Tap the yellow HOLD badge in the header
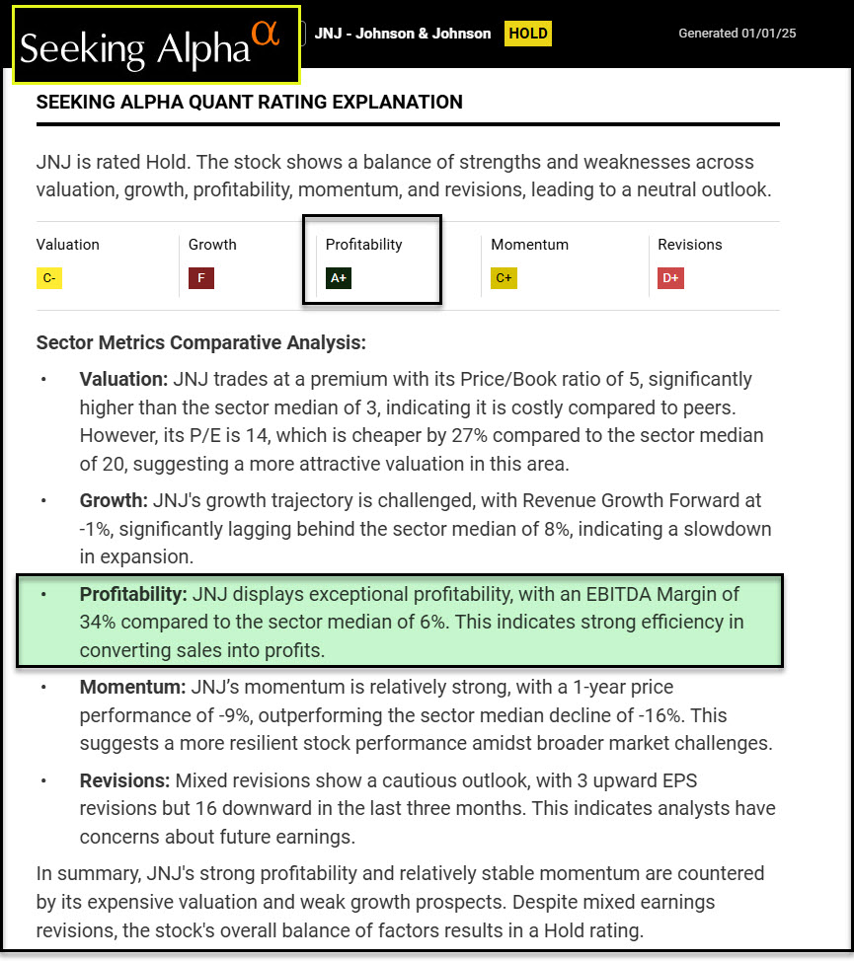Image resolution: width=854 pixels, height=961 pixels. click(x=527, y=34)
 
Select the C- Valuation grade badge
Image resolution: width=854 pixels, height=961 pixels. click(x=48, y=278)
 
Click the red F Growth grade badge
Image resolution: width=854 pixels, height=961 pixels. click(x=201, y=278)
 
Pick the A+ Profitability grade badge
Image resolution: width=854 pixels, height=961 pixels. click(x=339, y=278)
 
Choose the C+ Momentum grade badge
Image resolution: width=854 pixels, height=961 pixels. click(x=504, y=278)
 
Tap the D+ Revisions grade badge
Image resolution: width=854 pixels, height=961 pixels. click(x=670, y=278)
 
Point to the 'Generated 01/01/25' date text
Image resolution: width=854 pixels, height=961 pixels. click(x=737, y=34)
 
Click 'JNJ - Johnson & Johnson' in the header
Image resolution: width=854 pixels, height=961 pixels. click(x=403, y=34)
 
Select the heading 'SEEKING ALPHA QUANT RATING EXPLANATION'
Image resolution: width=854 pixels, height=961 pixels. click(x=249, y=102)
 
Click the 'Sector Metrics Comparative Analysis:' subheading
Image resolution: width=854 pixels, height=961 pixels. click(x=200, y=343)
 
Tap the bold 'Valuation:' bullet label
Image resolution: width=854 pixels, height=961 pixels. click(x=123, y=379)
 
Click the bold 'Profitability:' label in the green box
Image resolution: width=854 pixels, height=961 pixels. click(x=133, y=595)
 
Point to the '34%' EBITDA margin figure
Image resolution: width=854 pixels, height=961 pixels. click(x=100, y=623)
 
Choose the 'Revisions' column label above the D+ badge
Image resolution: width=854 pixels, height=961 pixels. click(x=690, y=245)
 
